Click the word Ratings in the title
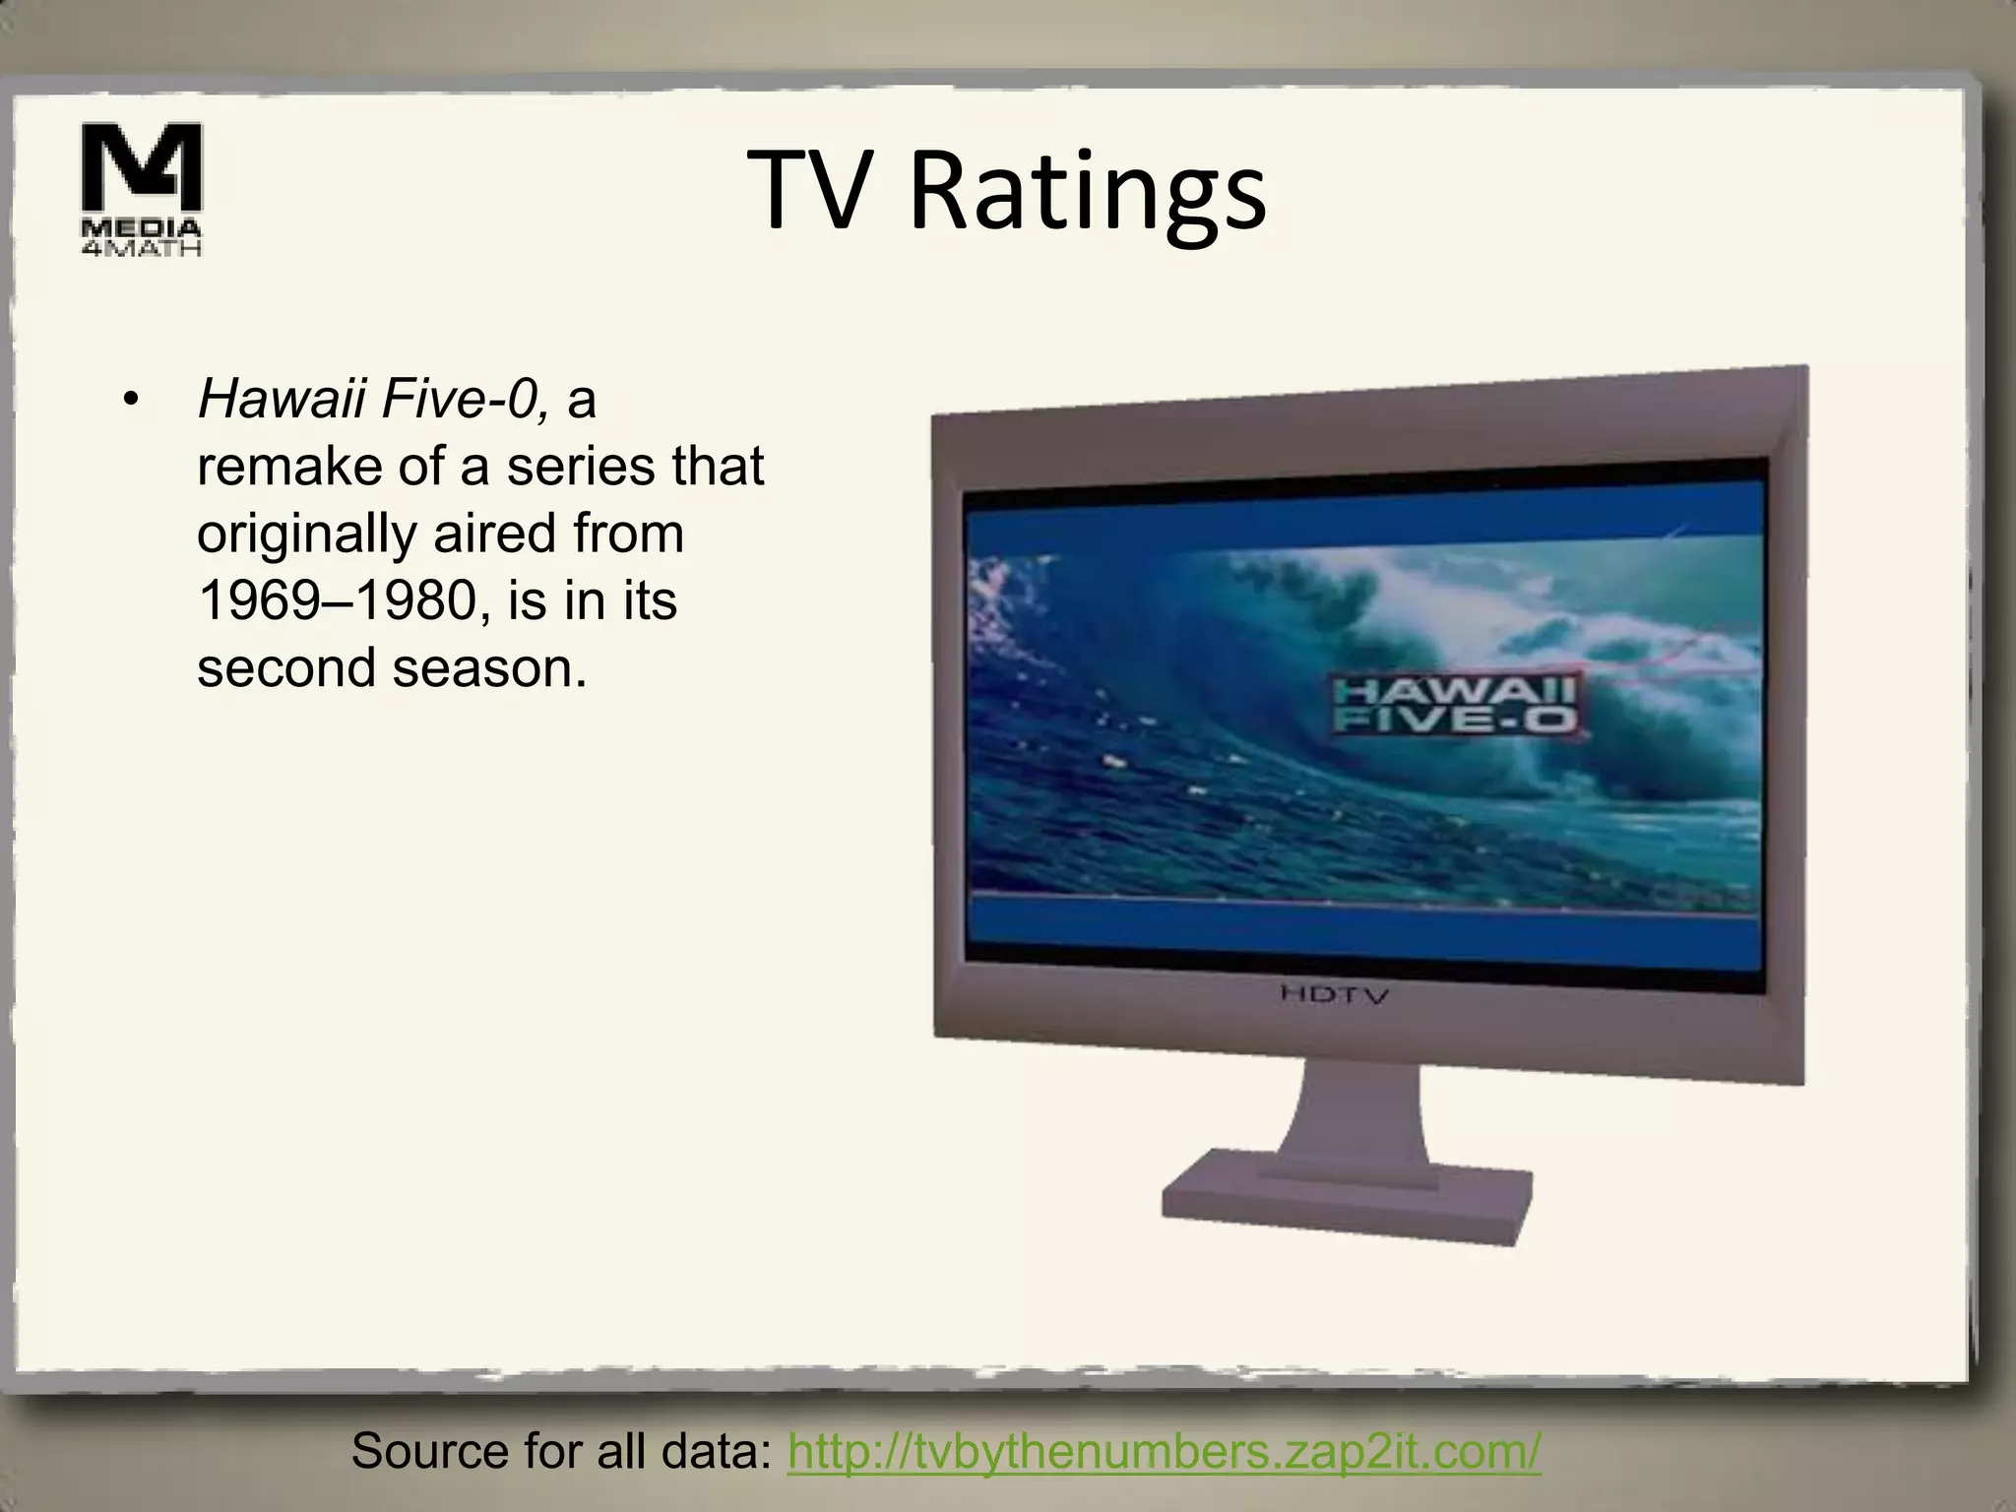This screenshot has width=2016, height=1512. coord(1087,192)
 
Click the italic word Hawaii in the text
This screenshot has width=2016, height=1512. coord(282,400)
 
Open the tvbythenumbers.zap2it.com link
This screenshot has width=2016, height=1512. coord(1164,1450)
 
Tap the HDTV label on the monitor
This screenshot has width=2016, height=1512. coord(1335,994)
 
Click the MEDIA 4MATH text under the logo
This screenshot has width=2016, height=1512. coord(141,237)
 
